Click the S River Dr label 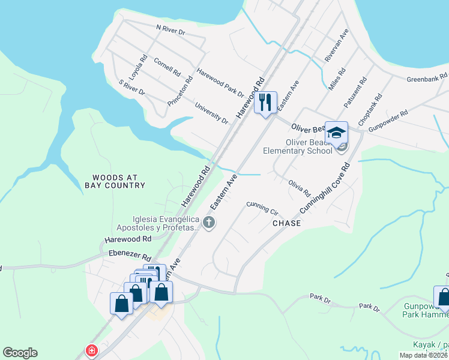tap(132, 87)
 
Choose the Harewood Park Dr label tap(220, 82)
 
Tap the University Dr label tap(211, 113)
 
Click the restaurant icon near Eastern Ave tap(265, 103)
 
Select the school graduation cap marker tap(336, 132)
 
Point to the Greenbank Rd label tap(427, 78)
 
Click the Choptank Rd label tap(370, 109)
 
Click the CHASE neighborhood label tap(287, 223)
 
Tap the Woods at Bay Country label tap(119, 181)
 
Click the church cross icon tap(209, 223)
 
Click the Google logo tap(20, 353)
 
